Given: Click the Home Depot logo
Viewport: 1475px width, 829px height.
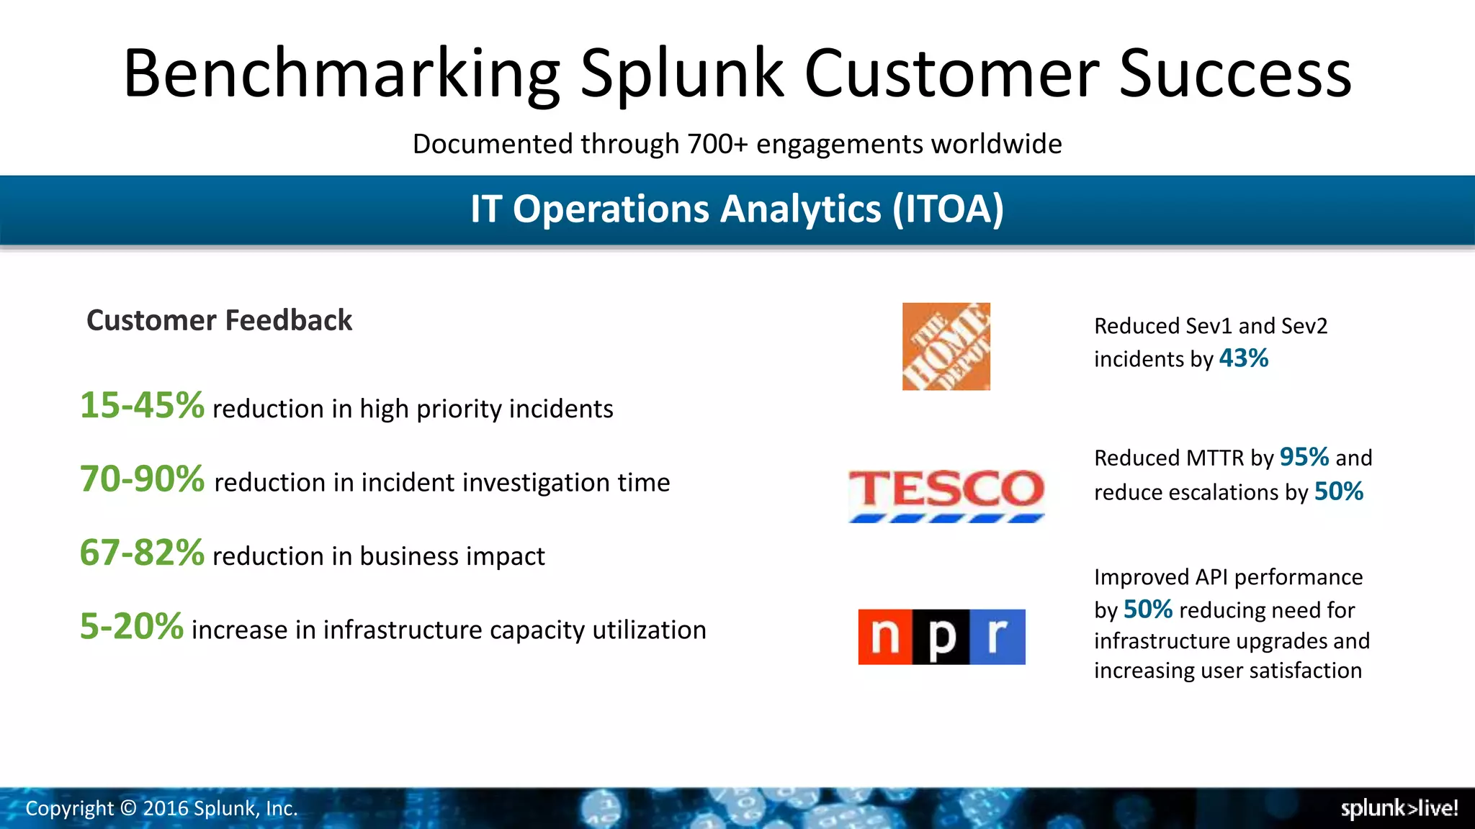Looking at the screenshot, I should point(946,346).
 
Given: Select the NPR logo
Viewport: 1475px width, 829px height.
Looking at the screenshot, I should point(941,637).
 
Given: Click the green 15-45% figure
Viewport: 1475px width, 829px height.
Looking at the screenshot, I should point(142,405).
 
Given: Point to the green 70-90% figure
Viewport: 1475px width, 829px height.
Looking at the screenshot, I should point(142,479).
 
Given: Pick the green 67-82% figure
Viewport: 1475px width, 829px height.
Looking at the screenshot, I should point(142,553).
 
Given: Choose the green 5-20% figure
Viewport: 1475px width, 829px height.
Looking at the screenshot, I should point(131,626).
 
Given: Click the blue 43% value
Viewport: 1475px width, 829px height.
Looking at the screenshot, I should point(1243,358).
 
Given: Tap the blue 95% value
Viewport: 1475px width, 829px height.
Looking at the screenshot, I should point(1304,457).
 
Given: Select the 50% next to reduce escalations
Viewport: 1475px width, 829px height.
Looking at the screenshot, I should point(1338,491).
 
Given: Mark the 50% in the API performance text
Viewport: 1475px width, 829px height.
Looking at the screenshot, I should point(1147,610).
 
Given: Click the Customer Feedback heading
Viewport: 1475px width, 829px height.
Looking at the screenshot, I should point(219,320).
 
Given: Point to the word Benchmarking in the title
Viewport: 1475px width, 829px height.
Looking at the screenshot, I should point(341,73).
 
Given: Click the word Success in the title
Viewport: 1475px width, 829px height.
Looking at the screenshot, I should point(1234,73).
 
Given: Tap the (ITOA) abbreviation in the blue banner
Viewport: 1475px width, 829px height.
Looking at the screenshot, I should point(948,209).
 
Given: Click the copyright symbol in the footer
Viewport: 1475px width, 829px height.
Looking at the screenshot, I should point(128,808).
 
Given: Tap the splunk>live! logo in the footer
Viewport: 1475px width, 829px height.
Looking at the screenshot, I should point(1399,808).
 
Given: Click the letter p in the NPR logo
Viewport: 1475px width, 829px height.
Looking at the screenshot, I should point(941,637).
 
